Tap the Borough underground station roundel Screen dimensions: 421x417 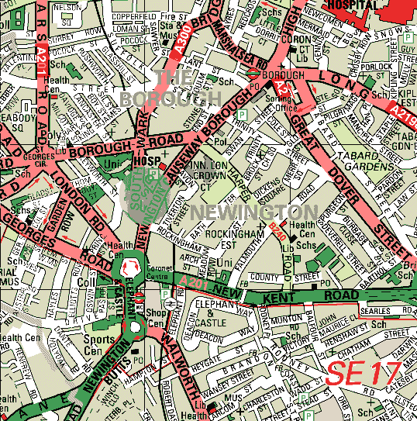(253, 74)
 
